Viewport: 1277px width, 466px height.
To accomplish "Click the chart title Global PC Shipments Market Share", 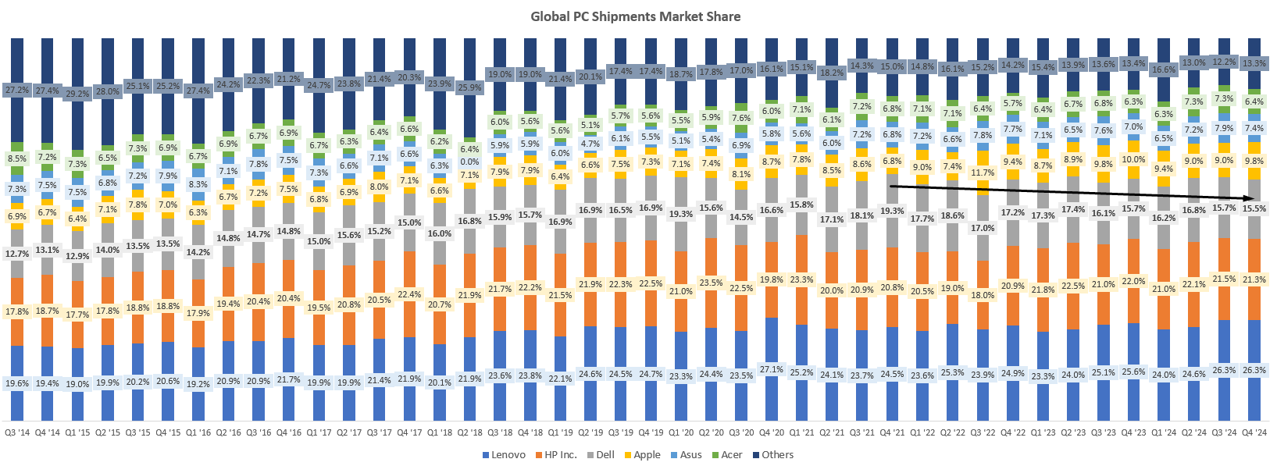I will (635, 16).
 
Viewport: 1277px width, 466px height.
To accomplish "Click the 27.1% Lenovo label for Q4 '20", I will (771, 370).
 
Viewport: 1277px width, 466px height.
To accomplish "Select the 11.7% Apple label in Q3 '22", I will (983, 173).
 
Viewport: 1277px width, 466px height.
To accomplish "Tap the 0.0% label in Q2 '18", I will (469, 162).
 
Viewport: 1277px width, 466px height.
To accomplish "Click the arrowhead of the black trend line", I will (1250, 200).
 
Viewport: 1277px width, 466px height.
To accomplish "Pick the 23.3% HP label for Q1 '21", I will (801, 279).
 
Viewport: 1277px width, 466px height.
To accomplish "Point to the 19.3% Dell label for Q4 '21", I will (892, 211).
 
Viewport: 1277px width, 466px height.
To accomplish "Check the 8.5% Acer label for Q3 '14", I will (16, 158).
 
